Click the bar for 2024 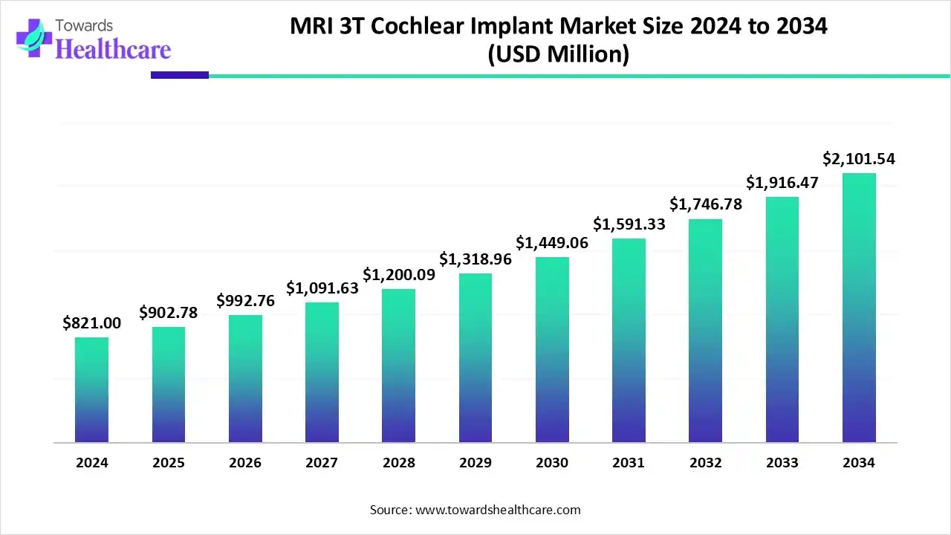[x=91, y=390]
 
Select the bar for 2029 [x=475, y=358]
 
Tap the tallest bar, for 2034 [x=859, y=308]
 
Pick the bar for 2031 [x=629, y=340]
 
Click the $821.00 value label [x=91, y=323]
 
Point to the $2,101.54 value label [x=859, y=159]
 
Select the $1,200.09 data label [x=398, y=274]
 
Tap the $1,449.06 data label [x=552, y=242]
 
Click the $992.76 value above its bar [x=245, y=301]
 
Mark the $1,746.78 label [x=706, y=204]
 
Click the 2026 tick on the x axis [x=245, y=463]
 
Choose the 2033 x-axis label [x=782, y=463]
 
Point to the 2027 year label [x=322, y=463]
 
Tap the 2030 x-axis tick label [x=552, y=463]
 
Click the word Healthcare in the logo [x=113, y=49]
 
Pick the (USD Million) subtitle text [x=558, y=55]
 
